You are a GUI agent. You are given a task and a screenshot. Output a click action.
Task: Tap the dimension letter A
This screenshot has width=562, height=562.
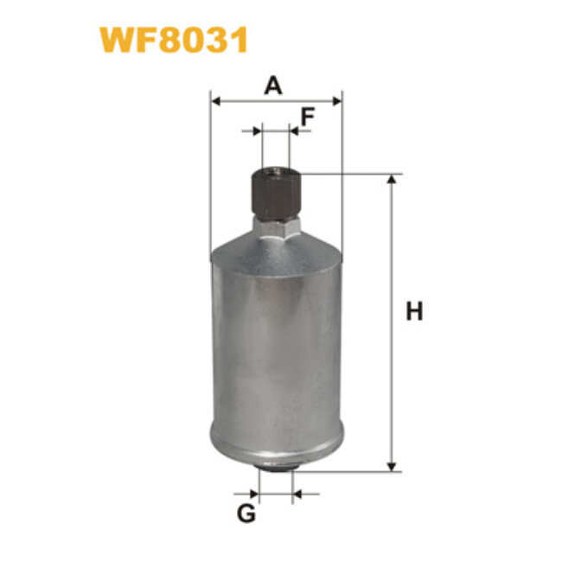274,86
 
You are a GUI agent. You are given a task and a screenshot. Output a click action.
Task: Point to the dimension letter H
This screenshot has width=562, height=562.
415,312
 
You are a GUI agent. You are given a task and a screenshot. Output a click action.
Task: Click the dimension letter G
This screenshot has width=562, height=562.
246,514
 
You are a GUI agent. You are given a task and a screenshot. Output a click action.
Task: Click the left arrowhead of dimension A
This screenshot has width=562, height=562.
216,101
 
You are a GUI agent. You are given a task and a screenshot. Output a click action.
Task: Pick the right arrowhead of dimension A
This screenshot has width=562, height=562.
337,101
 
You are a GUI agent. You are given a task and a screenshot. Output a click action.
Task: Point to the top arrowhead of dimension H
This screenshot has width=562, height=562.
394,180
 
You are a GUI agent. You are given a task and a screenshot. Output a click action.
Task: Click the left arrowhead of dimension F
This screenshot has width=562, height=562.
256,131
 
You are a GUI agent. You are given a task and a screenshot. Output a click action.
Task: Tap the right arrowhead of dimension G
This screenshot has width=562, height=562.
297,495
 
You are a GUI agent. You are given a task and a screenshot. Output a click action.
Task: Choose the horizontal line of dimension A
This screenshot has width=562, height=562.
277,101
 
